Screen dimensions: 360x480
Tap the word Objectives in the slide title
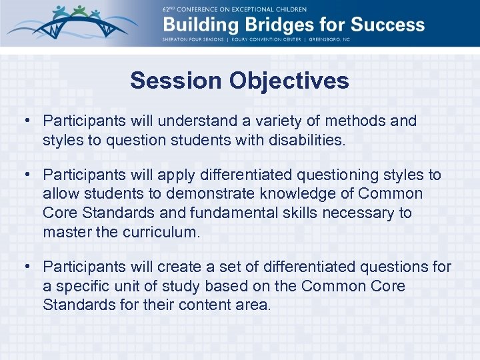289,81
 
